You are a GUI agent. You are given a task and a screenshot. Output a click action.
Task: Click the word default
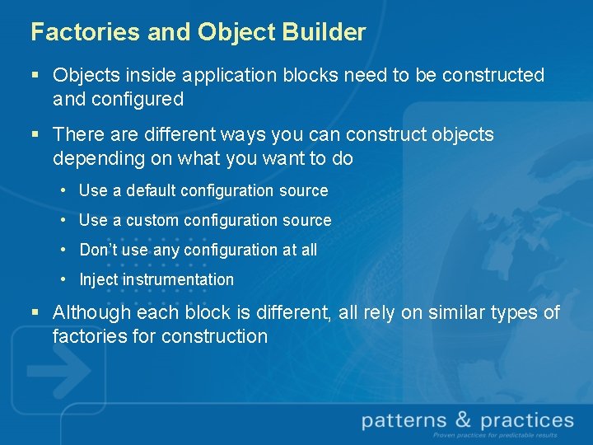[x=145, y=190]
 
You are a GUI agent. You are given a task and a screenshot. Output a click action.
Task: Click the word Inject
[x=98, y=279]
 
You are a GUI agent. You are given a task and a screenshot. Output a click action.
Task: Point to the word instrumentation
[x=178, y=279]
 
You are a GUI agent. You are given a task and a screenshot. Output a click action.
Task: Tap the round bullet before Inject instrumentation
[x=63, y=279]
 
